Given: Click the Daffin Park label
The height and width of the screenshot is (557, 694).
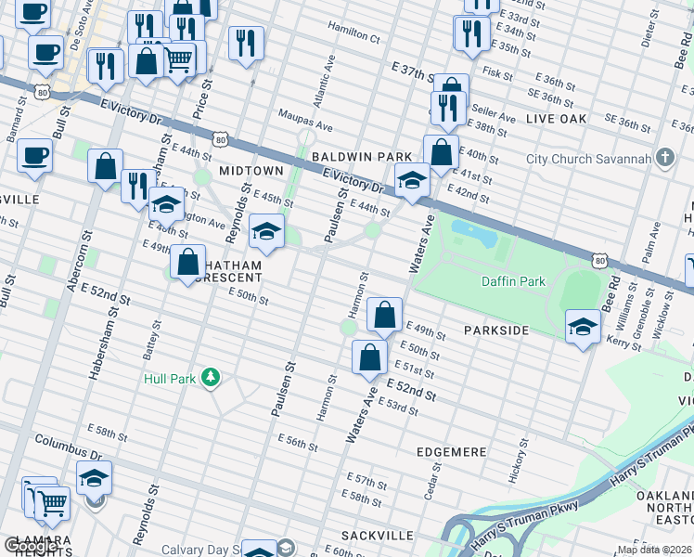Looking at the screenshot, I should tap(512, 280).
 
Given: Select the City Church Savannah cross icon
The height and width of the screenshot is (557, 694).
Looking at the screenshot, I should tap(664, 158).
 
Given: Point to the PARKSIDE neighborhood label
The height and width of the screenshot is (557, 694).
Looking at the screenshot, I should tap(496, 330).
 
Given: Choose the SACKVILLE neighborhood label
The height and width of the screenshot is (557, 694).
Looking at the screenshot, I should tap(377, 536).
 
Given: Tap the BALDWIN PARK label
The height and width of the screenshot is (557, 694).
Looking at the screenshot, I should tap(361, 158).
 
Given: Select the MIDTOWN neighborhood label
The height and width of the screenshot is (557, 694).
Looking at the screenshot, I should tap(251, 171).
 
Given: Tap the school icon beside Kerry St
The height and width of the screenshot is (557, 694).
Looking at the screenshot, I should tap(582, 326).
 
